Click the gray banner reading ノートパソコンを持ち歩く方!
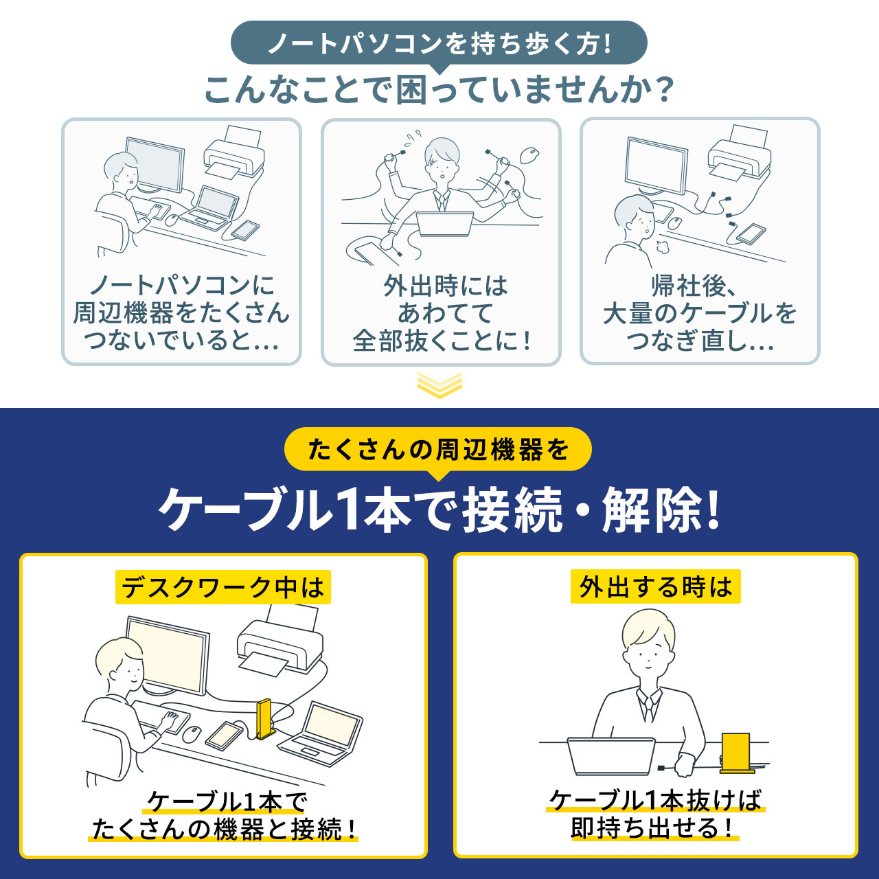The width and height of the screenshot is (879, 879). point(439,44)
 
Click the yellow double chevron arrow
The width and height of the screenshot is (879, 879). point(439,385)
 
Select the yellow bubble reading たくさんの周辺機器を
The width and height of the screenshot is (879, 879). point(438,450)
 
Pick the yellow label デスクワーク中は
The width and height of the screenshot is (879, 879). point(223,587)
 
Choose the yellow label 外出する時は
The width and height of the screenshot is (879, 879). point(656,586)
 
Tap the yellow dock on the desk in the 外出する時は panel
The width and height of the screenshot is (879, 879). point(735,753)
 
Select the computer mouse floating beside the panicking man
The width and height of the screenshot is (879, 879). point(529,155)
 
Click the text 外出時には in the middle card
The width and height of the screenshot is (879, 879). point(445,286)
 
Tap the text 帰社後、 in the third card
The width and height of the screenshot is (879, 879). point(694,286)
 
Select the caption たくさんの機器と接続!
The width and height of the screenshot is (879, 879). point(223,829)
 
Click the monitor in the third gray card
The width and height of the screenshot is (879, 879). point(657,165)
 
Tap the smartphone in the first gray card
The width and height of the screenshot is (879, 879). point(245,230)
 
